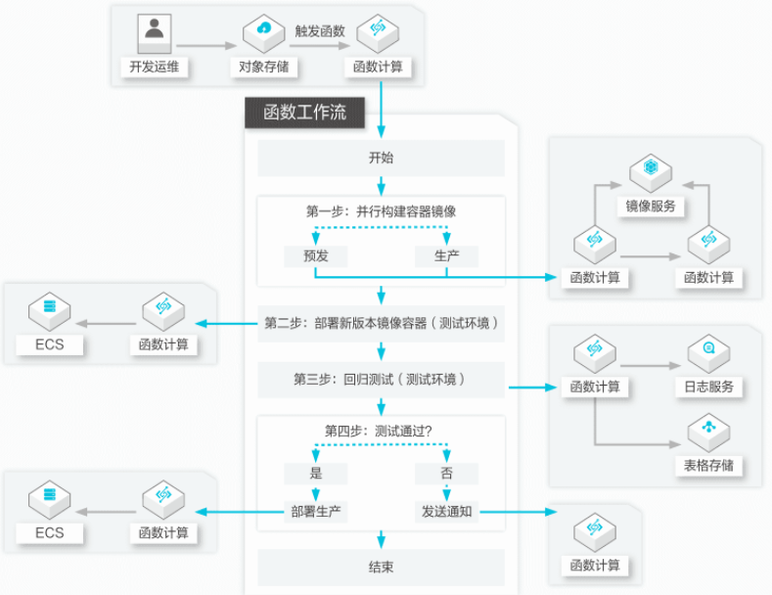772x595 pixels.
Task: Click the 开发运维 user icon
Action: [x=154, y=33]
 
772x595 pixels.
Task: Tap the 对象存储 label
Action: [x=264, y=67]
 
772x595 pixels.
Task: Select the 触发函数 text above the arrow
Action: [x=320, y=31]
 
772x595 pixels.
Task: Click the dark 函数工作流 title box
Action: [x=304, y=113]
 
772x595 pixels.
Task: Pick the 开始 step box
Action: [x=381, y=159]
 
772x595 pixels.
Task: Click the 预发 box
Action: [x=316, y=256]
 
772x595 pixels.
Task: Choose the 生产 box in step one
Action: [x=446, y=256]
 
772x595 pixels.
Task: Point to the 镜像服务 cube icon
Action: [x=651, y=172]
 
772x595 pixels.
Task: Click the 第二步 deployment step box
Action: [x=381, y=324]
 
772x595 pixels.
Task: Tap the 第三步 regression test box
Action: [x=381, y=380]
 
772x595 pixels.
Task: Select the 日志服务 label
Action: [x=709, y=387]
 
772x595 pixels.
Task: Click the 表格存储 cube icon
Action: [x=709, y=433]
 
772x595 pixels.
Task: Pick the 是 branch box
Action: [x=316, y=474]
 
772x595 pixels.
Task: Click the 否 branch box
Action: [x=446, y=474]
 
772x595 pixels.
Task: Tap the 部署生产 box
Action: [x=316, y=512]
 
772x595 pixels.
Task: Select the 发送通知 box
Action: [x=446, y=512]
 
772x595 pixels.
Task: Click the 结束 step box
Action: [x=381, y=568]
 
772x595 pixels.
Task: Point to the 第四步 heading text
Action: [x=378, y=432]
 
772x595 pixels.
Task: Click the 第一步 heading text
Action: [x=381, y=211]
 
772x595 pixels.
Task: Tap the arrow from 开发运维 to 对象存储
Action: [x=206, y=46]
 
